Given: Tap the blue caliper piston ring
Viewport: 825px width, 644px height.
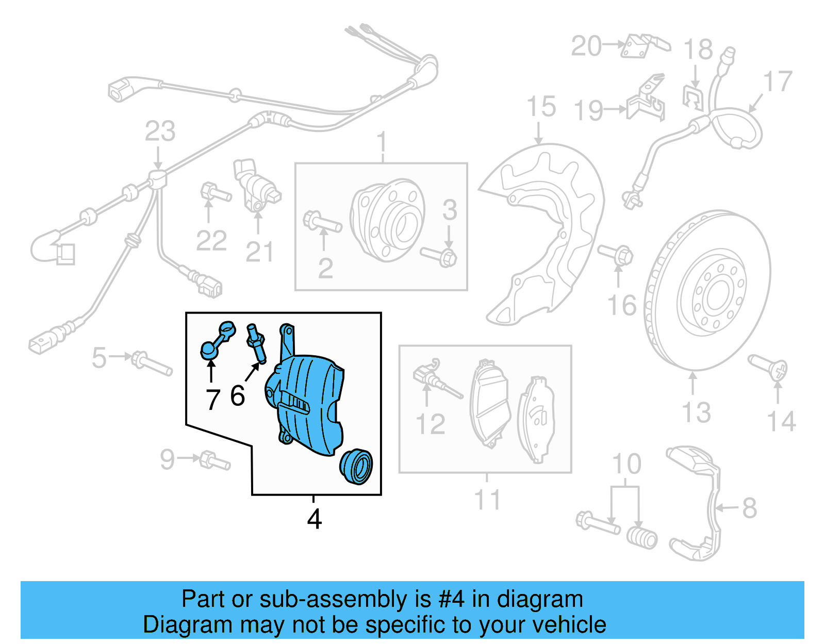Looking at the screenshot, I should point(356,466).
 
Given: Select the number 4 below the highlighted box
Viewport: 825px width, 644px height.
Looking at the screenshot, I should point(314,519).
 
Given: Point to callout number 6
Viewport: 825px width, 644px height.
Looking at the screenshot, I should point(237,396).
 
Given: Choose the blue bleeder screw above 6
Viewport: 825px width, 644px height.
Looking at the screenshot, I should point(257,343).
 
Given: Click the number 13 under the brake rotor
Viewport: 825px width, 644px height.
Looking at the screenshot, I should point(696,412).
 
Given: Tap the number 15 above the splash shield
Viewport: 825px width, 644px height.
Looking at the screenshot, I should point(541,107).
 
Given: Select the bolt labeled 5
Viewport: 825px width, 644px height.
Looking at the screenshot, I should point(152,363).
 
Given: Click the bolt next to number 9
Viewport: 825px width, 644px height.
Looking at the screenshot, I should point(214,460).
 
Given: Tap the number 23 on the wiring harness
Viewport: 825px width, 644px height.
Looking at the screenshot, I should point(160,131).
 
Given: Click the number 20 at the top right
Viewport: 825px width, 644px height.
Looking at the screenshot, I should point(586,46).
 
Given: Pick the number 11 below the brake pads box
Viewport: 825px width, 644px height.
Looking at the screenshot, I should point(487,500).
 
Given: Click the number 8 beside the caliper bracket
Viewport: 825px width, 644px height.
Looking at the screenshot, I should point(749,508).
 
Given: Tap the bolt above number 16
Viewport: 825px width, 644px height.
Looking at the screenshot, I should point(616,254).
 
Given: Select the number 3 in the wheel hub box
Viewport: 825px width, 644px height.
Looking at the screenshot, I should point(450,210).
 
